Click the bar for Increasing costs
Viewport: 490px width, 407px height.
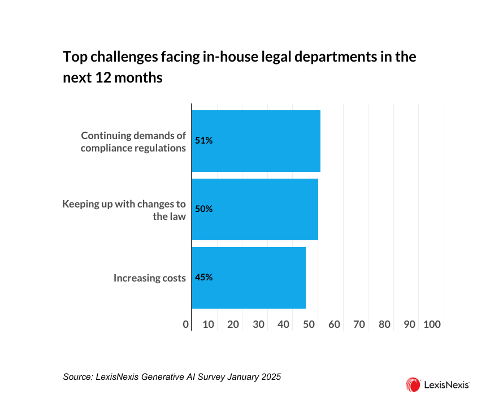pyautogui.click(x=249, y=278)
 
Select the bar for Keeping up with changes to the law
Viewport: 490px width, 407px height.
pyautogui.click(x=255, y=209)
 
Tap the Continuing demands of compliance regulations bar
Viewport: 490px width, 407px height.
pyautogui.click(x=256, y=141)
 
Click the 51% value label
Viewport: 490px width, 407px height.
pyautogui.click(x=203, y=141)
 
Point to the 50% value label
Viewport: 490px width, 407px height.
pyautogui.click(x=203, y=209)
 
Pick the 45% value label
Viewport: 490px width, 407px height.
pyautogui.click(x=203, y=278)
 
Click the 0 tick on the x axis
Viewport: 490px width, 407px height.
pyautogui.click(x=186, y=324)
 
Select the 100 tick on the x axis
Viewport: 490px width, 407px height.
pyautogui.click(x=432, y=324)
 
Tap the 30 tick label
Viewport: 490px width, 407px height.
pyautogui.click(x=258, y=324)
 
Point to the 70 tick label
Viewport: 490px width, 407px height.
pyautogui.click(x=359, y=324)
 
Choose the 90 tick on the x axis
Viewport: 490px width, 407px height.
pyautogui.click(x=410, y=324)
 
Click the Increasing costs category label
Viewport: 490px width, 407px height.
pyautogui.click(x=149, y=278)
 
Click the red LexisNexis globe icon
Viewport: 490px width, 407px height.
pyautogui.click(x=413, y=385)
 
